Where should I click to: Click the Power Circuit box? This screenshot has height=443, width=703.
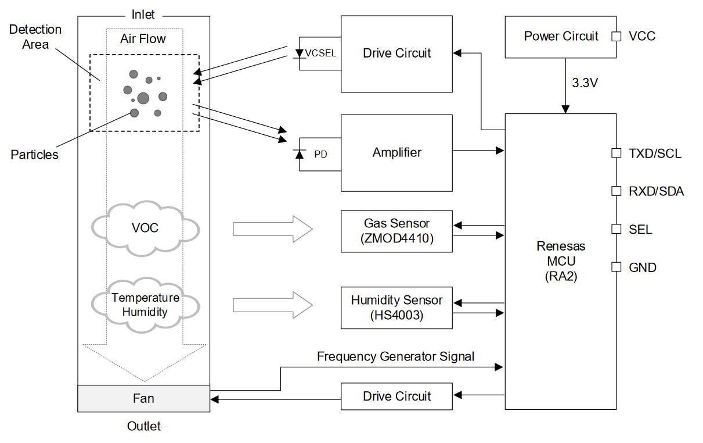(x=561, y=37)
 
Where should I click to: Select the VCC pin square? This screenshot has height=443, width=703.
(x=616, y=37)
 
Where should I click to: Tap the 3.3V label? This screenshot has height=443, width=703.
(x=585, y=83)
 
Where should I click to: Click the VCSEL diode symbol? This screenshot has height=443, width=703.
(x=300, y=53)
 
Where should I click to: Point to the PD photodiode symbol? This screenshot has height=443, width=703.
(x=300, y=154)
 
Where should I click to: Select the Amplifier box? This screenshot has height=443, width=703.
(x=396, y=153)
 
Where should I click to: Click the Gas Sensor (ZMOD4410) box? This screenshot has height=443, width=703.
(x=396, y=231)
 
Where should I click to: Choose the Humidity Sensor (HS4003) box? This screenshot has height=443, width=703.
(x=396, y=308)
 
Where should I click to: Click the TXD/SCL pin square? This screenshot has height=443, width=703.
(x=616, y=153)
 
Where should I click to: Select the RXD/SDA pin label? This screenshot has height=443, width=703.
(x=656, y=191)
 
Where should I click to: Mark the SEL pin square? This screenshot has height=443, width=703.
(x=616, y=229)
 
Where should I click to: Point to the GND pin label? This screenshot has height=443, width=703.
(x=642, y=267)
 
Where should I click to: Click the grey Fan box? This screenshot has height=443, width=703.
(x=143, y=399)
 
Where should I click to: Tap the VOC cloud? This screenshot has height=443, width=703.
(x=145, y=228)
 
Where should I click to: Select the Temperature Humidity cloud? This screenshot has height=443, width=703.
(x=145, y=305)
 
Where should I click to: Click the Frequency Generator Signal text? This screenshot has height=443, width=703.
(x=395, y=356)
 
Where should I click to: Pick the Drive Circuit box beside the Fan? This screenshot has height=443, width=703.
(x=396, y=396)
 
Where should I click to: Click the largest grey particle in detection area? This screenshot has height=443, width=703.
(x=143, y=98)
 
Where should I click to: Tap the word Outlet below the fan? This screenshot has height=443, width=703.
(x=144, y=427)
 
